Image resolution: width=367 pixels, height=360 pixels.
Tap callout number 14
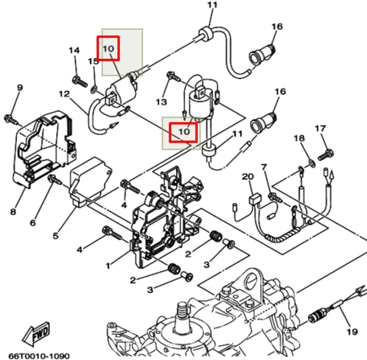(74, 50)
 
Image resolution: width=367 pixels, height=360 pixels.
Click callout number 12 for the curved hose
(64, 94)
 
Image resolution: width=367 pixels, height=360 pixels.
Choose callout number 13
(161, 102)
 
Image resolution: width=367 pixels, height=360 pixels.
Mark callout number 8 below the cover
(13, 212)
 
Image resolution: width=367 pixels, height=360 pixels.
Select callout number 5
(55, 235)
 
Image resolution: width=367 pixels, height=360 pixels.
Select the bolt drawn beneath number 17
(325, 154)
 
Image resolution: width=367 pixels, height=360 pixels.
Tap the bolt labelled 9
(10, 118)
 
